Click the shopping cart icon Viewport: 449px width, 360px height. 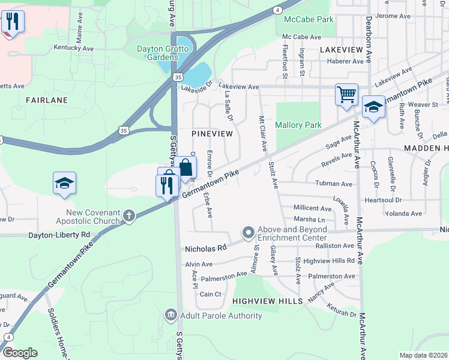346,94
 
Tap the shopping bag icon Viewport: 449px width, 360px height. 185,167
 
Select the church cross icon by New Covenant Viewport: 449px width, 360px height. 128,215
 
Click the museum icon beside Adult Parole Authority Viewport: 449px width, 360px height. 170,315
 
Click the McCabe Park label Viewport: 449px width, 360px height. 309,19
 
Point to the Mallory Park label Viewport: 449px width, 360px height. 298,125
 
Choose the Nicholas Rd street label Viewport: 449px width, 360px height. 205,247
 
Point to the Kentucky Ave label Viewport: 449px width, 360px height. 74,47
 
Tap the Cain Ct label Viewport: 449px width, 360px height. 211,294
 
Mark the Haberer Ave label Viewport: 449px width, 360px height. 346,61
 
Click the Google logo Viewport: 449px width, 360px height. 20,353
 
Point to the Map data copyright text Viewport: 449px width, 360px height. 423,355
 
